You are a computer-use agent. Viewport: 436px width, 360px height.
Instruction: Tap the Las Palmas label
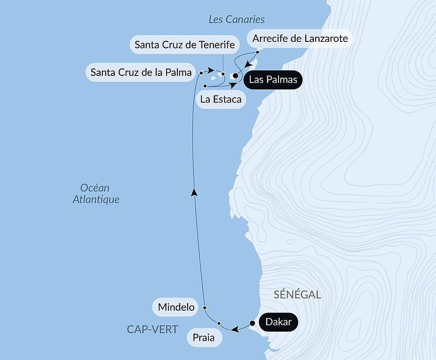pos(273,80)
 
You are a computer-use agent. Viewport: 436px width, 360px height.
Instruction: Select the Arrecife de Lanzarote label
pos(300,38)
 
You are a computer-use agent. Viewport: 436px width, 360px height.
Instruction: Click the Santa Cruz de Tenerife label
pos(185,45)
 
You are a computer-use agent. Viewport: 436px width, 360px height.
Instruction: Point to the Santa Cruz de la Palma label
pos(141,72)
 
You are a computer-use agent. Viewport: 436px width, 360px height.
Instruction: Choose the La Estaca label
pos(221,99)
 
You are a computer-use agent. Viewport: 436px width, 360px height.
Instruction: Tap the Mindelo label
pos(176,307)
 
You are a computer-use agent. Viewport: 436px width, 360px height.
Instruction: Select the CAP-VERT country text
pos(153,329)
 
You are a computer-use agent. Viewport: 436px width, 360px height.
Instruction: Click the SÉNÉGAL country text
pos(297,295)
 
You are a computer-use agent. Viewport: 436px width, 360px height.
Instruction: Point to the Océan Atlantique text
pos(95,194)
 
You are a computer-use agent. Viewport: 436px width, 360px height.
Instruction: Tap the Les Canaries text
pos(237,19)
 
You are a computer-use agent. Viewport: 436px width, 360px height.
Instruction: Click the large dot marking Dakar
pos(252,323)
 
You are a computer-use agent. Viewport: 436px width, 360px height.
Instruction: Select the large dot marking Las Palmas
pos(235,76)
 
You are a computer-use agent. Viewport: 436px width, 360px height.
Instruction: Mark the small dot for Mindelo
pos(204,307)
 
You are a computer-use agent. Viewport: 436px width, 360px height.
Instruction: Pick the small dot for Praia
pos(219,323)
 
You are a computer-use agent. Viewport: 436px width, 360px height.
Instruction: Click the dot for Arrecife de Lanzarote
pos(257,52)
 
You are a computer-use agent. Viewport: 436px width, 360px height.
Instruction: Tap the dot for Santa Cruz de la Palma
pos(201,72)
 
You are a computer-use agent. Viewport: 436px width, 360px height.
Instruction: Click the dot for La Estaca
pos(204,86)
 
